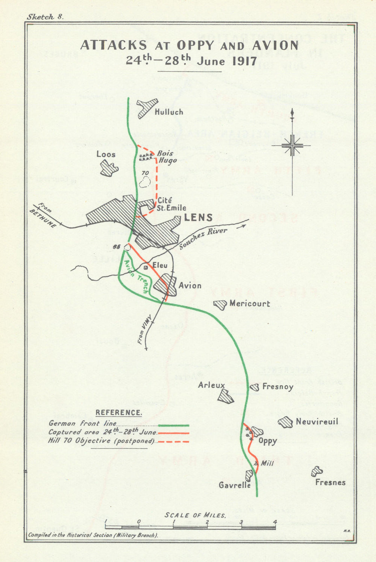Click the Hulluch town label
[169, 112]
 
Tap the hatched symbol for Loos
[109, 168]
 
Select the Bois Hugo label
[166, 157]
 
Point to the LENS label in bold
[198, 218]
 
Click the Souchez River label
[203, 239]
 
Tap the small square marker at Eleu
[146, 267]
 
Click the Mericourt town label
[249, 303]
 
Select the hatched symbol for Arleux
[226, 396]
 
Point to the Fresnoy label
[277, 387]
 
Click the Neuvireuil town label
[317, 422]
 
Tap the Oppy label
[267, 441]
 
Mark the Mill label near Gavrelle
[267, 463]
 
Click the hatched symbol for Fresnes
[317, 471]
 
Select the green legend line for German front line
[173, 425]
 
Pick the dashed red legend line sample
[173, 441]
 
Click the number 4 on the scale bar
[275, 522]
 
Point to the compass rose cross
[292, 146]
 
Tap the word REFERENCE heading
[119, 413]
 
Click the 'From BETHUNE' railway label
[43, 216]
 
